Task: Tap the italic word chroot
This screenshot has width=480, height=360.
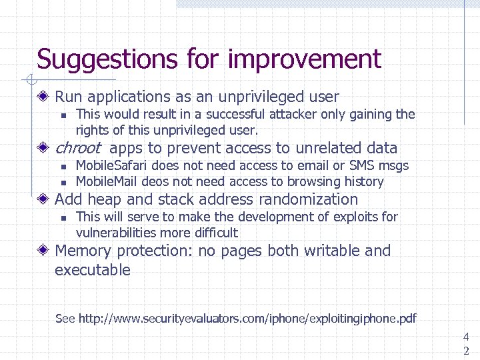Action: click(77, 148)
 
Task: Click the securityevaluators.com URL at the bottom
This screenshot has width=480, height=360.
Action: click(247, 319)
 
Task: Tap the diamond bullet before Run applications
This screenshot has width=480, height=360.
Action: click(43, 97)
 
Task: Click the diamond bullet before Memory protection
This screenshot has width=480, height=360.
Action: click(43, 251)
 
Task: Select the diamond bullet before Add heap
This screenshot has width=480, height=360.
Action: click(43, 199)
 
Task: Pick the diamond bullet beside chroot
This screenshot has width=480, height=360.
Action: click(43, 148)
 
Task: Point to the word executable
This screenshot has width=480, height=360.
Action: click(93, 270)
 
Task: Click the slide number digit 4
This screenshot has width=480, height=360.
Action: click(466, 338)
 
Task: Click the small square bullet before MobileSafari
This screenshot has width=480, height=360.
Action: click(62, 166)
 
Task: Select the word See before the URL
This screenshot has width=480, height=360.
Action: click(65, 319)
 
